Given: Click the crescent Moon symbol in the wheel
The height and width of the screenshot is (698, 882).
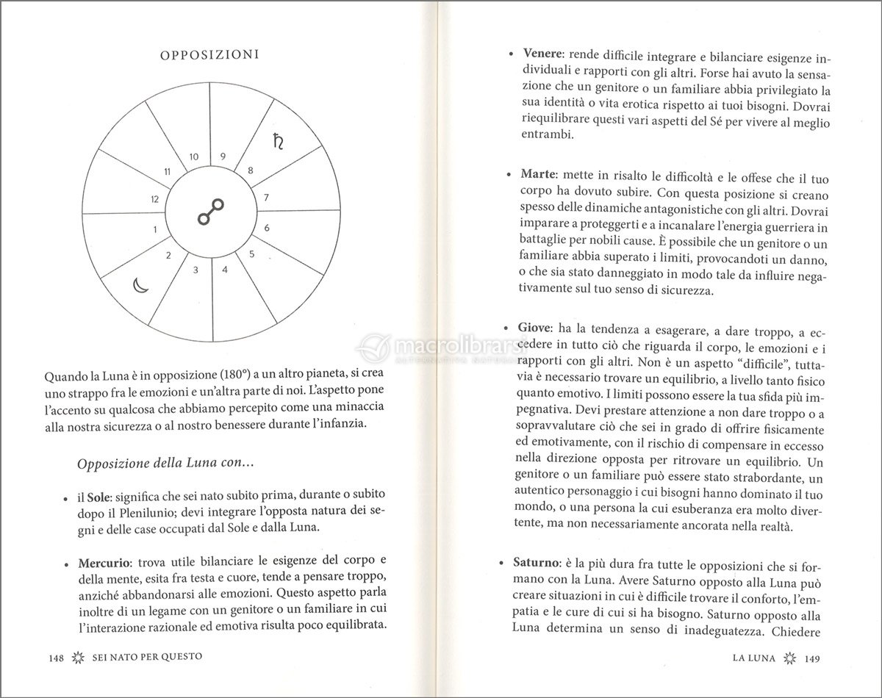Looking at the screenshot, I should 141,284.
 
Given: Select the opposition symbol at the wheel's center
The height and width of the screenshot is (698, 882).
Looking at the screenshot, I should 211,214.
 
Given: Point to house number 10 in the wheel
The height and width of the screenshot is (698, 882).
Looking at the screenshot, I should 194,156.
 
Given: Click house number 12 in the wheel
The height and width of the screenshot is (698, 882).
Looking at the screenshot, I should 154,199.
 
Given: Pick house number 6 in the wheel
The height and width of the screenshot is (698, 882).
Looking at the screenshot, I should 267,228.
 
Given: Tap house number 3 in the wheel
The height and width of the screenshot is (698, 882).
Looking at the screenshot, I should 196,270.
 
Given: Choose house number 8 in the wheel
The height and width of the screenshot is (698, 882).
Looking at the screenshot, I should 251,170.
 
